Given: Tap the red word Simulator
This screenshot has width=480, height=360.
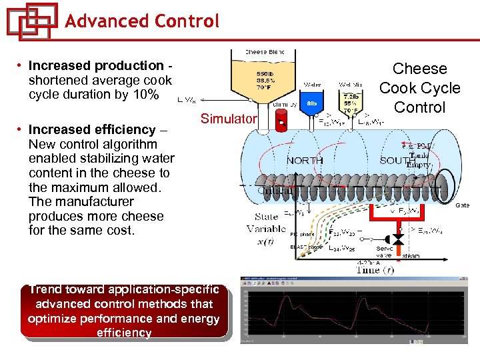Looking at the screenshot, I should coord(229,119).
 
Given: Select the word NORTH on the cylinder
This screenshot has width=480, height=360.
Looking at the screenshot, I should coord(305,161).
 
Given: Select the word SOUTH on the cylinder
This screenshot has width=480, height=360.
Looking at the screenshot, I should coord(397,161).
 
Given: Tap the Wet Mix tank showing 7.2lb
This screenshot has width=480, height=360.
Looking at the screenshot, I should coord(351,104).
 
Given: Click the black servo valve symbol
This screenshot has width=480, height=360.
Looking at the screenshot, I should coord(398,238).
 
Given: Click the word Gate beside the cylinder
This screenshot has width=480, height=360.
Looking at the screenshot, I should coord(462,205).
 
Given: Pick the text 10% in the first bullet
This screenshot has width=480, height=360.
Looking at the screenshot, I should coord(145,95).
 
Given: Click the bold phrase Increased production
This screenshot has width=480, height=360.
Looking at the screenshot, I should coord(96,65).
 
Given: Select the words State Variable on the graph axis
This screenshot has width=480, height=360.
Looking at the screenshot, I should coord(266,223).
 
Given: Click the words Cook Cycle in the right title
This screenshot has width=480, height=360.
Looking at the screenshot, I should coord(419,88).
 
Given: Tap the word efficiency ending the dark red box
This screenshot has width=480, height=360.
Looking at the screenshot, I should coord(124,333).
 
